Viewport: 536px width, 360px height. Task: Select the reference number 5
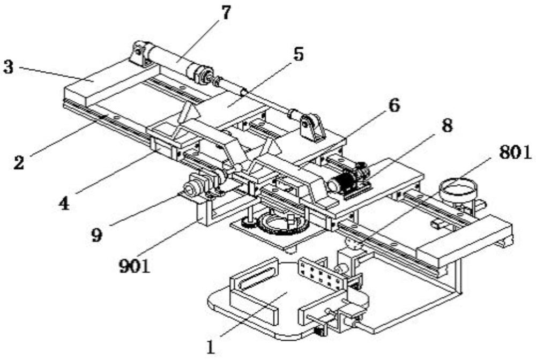tap(298, 54)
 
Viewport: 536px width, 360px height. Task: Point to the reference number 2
tap(19, 162)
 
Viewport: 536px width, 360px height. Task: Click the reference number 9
tap(96, 236)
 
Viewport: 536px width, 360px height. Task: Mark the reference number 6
tap(394, 104)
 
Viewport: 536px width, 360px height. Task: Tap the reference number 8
tap(446, 127)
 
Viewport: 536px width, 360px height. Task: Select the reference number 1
tap(211, 347)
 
